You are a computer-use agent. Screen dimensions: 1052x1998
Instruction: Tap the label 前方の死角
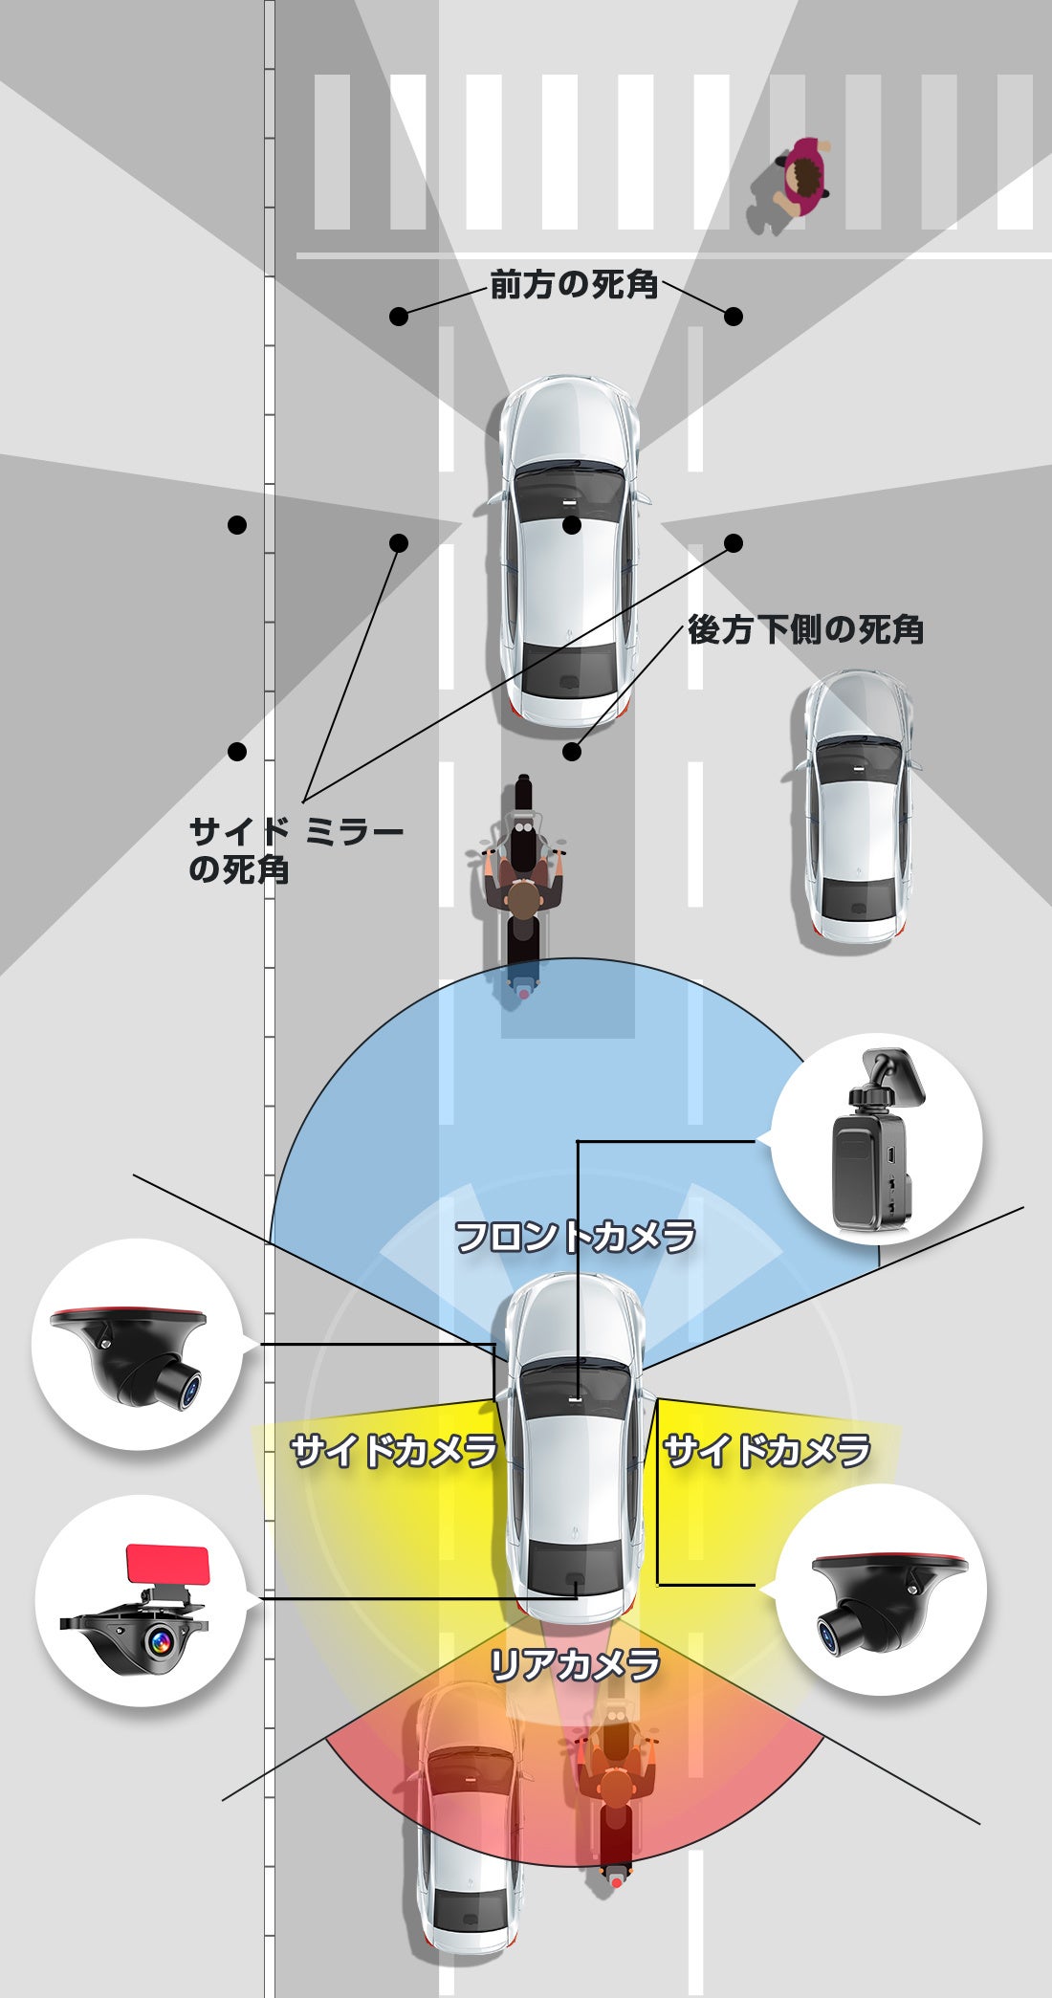point(574,285)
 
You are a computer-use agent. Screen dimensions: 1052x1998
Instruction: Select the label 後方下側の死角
point(805,630)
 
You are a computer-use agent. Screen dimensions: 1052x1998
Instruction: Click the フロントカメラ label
point(575,1237)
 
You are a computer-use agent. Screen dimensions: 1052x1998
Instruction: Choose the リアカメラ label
point(575,1665)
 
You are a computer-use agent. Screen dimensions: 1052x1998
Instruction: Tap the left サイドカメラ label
point(394,1451)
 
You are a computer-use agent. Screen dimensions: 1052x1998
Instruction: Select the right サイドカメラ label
point(767,1451)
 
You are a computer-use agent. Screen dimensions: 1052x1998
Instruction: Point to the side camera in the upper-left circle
point(136,1349)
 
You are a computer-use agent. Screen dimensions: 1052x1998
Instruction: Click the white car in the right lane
point(859,808)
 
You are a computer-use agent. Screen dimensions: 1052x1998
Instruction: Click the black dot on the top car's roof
point(572,525)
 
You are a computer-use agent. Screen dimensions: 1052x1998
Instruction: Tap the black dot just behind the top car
point(572,752)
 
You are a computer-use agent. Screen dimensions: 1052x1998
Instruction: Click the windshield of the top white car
point(570,488)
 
